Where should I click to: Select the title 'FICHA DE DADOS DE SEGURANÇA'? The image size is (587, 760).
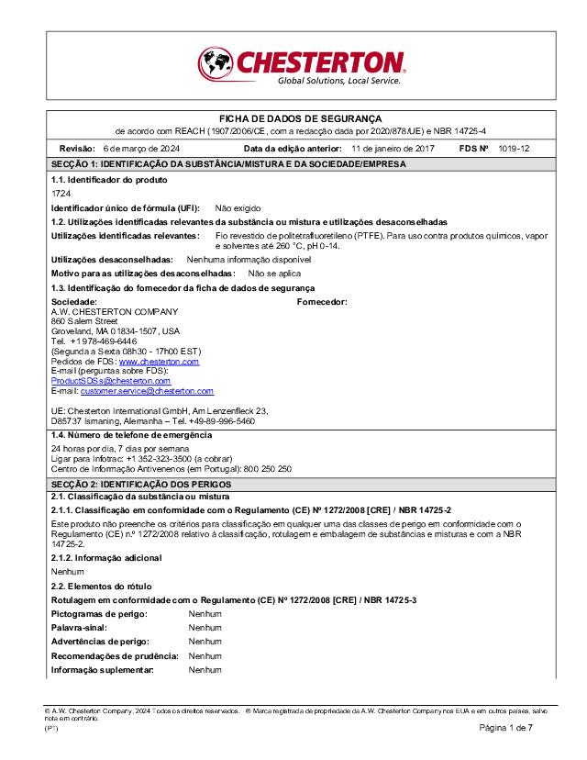click(x=293, y=119)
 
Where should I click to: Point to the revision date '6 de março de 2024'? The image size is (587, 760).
click(x=141, y=148)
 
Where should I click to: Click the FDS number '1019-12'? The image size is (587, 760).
click(x=514, y=148)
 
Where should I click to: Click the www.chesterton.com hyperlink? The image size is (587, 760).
click(x=159, y=363)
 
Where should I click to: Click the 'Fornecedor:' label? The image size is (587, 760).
click(x=322, y=301)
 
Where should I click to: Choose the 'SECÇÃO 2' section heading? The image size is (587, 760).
click(x=141, y=484)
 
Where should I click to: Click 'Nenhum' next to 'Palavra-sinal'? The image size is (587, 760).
click(x=205, y=628)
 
